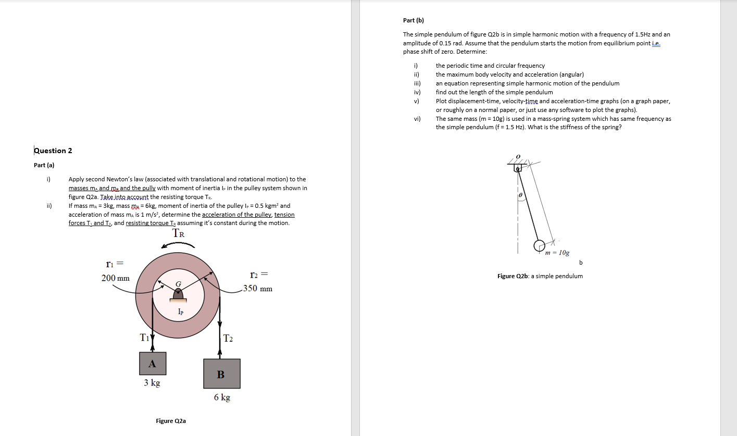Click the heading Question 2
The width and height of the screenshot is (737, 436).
pyautogui.click(x=53, y=151)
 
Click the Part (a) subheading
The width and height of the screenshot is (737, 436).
pyautogui.click(x=44, y=165)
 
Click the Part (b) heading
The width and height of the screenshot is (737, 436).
pyautogui.click(x=414, y=20)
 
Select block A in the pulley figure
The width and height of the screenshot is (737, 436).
pyautogui.click(x=152, y=364)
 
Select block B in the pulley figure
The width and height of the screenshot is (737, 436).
pyautogui.click(x=221, y=373)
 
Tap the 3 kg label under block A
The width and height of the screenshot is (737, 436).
pyautogui.click(x=152, y=383)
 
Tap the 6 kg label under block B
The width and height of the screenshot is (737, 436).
pyautogui.click(x=222, y=397)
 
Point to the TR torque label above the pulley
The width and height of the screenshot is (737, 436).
pyautogui.click(x=179, y=233)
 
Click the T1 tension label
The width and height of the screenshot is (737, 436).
pyautogui.click(x=144, y=337)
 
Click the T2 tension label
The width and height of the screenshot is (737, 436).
pyautogui.click(x=228, y=339)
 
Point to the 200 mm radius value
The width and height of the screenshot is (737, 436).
pyautogui.click(x=116, y=278)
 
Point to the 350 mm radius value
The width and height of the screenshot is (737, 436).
pyautogui.click(x=258, y=289)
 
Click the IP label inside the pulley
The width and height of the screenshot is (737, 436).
pyautogui.click(x=180, y=312)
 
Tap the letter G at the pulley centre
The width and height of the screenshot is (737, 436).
pyautogui.click(x=178, y=283)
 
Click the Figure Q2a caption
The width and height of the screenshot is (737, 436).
pyautogui.click(x=171, y=421)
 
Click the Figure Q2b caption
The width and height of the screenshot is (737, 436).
pyautogui.click(x=540, y=276)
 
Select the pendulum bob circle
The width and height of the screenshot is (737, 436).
pyautogui.click(x=540, y=245)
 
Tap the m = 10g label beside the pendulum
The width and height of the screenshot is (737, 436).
pyautogui.click(x=557, y=253)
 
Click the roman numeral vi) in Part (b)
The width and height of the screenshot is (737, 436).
pyautogui.click(x=417, y=119)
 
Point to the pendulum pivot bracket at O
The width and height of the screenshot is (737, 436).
pyautogui.click(x=518, y=168)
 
